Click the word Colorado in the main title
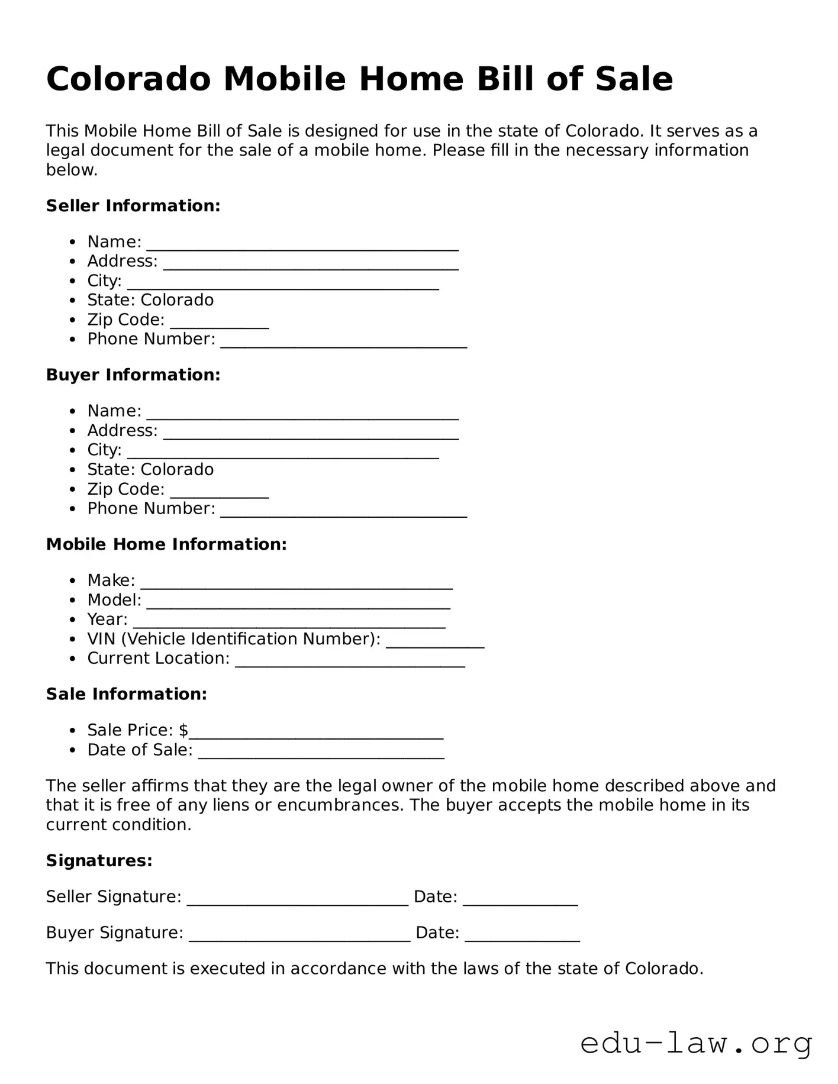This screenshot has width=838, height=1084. point(128,79)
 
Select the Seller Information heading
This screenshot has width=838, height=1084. point(133,206)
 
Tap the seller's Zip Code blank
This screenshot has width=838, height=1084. point(220,324)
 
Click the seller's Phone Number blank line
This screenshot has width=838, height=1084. point(344,343)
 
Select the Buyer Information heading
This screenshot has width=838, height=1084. point(133,375)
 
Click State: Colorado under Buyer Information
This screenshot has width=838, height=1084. point(150,470)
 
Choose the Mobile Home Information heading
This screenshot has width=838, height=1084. point(166,544)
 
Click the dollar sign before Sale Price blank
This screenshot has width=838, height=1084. point(183,731)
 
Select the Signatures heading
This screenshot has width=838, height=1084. point(99,861)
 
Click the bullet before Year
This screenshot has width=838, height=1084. point(72,620)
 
